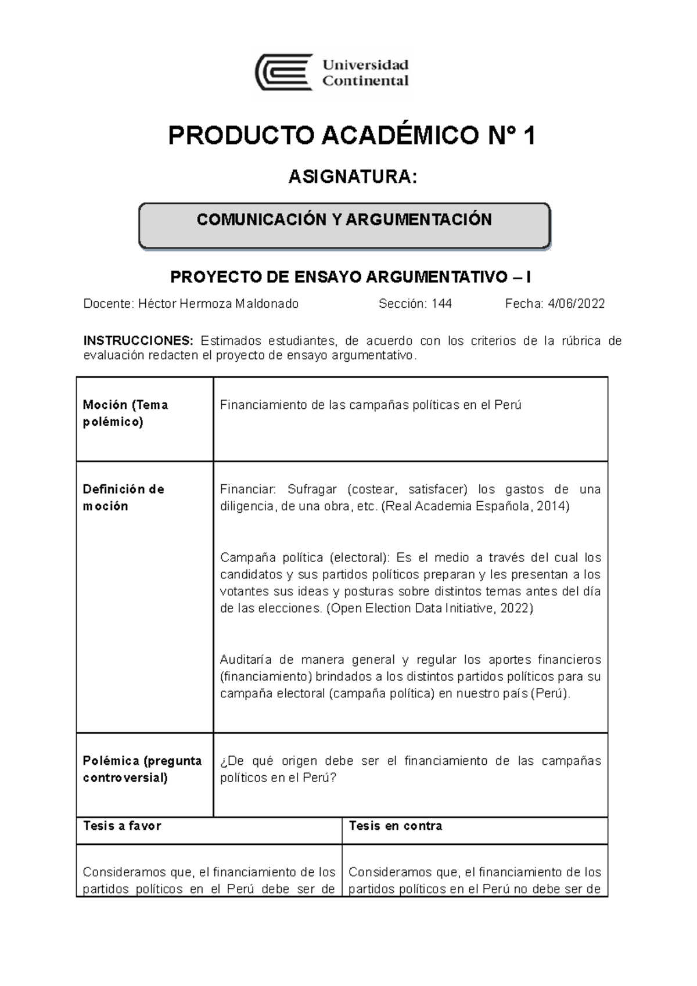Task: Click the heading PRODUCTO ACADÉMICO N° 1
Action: pyautogui.click(x=351, y=136)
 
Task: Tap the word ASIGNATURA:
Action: pyautogui.click(x=353, y=177)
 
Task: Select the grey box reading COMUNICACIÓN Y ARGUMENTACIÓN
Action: pyautogui.click(x=344, y=225)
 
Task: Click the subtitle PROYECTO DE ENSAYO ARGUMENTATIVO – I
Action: pyautogui.click(x=350, y=277)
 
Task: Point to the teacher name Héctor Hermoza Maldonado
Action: pyautogui.click(x=218, y=304)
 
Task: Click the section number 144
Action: pyautogui.click(x=441, y=304)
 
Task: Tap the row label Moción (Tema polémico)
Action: pyautogui.click(x=125, y=413)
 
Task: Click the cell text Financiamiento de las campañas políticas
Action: pyautogui.click(x=371, y=405)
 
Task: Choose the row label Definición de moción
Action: pyautogui.click(x=123, y=498)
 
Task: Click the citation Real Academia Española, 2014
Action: pyautogui.click(x=475, y=506)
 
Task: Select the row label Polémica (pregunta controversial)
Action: pyautogui.click(x=142, y=769)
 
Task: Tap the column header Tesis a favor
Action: pyautogui.click(x=122, y=826)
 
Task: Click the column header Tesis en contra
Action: pyautogui.click(x=395, y=826)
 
